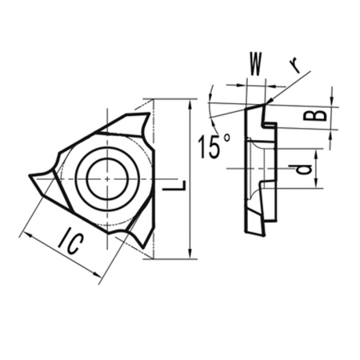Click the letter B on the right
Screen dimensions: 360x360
[x=318, y=116]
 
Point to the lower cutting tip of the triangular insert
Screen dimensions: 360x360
[x=141, y=243]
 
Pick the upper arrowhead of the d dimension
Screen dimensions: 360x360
[x=316, y=153]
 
